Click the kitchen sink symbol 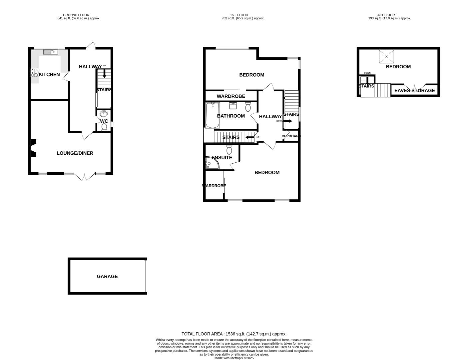click(x=51, y=52)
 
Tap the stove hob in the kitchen click(x=35, y=73)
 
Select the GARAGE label click(x=107, y=276)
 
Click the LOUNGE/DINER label click(x=75, y=153)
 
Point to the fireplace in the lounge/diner click(x=34, y=148)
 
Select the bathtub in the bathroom click(x=213, y=115)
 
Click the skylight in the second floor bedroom click(x=386, y=57)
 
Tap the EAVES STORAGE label click(x=414, y=91)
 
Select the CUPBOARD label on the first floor click(x=290, y=136)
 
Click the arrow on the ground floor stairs click(x=104, y=74)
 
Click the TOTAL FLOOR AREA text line click(x=234, y=334)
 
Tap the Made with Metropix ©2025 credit click(x=234, y=358)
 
